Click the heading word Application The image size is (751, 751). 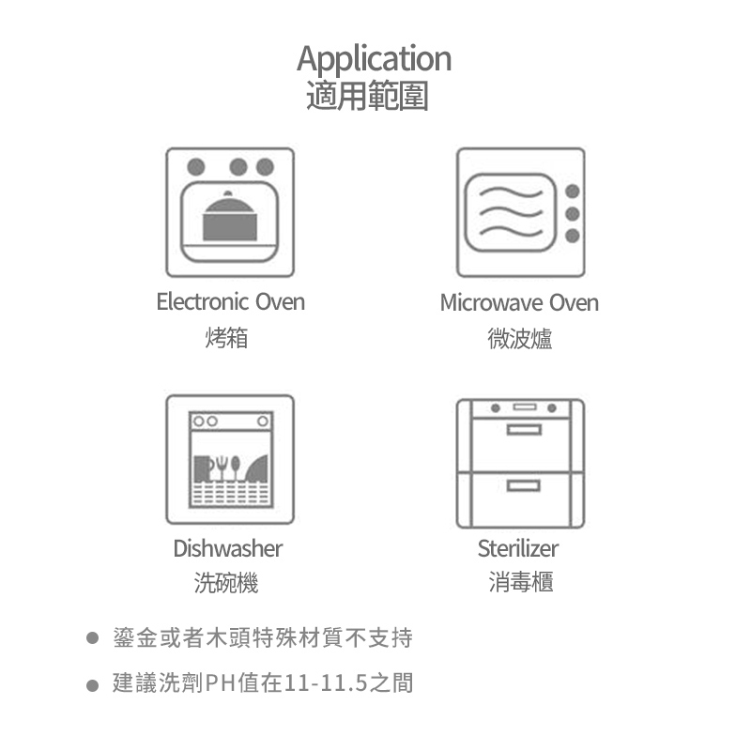(375, 59)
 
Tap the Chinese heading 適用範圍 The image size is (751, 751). (368, 96)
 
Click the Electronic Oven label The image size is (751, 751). (230, 302)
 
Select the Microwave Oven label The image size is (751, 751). (519, 303)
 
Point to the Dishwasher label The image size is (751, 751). (227, 548)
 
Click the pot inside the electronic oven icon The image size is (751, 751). (229, 217)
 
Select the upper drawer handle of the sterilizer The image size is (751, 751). (523, 429)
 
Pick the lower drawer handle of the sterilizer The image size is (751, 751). (523, 485)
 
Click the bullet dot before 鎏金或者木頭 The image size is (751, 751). (92, 639)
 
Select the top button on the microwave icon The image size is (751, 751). (572, 192)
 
